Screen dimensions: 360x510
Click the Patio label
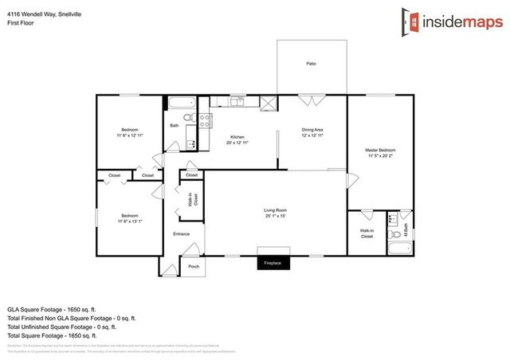[x=311, y=63]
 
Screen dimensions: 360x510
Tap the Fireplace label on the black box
[x=273, y=262]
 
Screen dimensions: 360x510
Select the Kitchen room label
[x=237, y=136]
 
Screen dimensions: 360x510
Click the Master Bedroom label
[x=380, y=150]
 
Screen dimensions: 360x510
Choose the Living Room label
[x=275, y=210]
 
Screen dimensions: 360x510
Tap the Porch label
[x=194, y=266]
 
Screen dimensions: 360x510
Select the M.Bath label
[x=405, y=234]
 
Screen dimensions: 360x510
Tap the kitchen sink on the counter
[x=236, y=101]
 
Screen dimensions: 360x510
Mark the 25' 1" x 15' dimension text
[x=275, y=216]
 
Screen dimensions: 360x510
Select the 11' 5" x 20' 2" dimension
[x=380, y=155]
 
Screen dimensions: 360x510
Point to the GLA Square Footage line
[x=51, y=307]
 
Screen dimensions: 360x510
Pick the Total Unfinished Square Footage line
[x=61, y=327]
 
